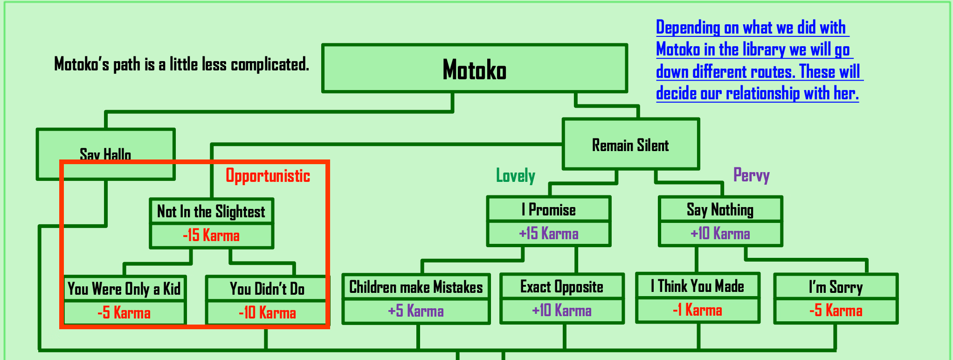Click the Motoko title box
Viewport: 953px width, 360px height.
(474, 69)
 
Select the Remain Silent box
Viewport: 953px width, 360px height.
(630, 145)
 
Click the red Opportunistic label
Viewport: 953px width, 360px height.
(268, 176)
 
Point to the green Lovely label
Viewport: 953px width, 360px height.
(515, 176)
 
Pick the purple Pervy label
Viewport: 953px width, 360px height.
(751, 175)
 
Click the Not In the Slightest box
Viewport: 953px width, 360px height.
(211, 211)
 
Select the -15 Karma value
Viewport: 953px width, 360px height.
(211, 235)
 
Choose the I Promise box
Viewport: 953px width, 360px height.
(548, 209)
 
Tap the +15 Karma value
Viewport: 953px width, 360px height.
(548, 233)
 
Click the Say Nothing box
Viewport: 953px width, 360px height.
(720, 209)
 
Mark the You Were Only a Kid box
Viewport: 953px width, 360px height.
(124, 289)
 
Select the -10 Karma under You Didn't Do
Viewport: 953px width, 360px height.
(267, 312)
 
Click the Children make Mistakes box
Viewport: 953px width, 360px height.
(416, 287)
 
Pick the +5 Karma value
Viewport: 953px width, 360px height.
(416, 311)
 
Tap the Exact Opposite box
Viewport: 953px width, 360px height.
(561, 286)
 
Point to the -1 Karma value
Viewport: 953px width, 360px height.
(697, 310)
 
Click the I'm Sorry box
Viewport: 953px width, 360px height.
(836, 287)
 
